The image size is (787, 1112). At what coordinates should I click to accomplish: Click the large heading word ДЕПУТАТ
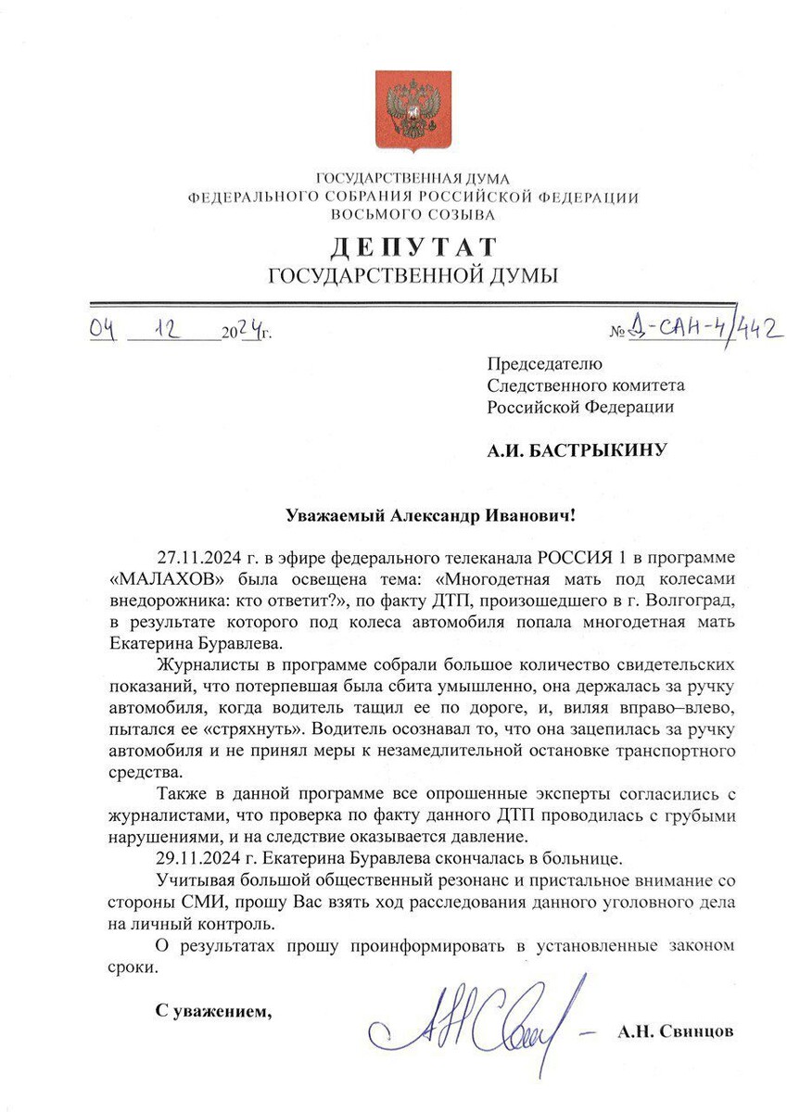click(x=413, y=247)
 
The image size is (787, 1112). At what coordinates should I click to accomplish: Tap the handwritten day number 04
click(x=102, y=328)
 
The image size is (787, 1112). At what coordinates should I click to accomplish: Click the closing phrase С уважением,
click(x=213, y=1009)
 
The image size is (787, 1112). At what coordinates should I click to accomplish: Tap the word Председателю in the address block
click(x=545, y=364)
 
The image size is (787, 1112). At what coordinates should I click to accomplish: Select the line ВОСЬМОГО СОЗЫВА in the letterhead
click(x=413, y=214)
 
